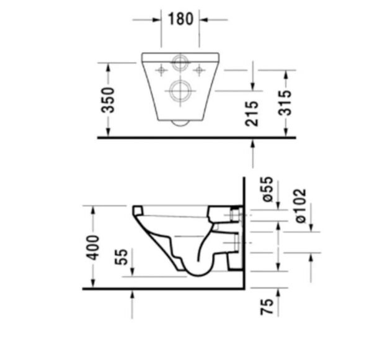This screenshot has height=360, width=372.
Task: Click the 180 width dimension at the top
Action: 180,19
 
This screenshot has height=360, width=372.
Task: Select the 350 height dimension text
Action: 107,99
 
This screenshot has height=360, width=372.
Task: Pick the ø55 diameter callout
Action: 268,189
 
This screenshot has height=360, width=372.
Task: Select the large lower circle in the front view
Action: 180,91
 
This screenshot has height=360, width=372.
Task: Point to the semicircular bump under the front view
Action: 180,122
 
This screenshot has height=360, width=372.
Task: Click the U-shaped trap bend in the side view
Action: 197,270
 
